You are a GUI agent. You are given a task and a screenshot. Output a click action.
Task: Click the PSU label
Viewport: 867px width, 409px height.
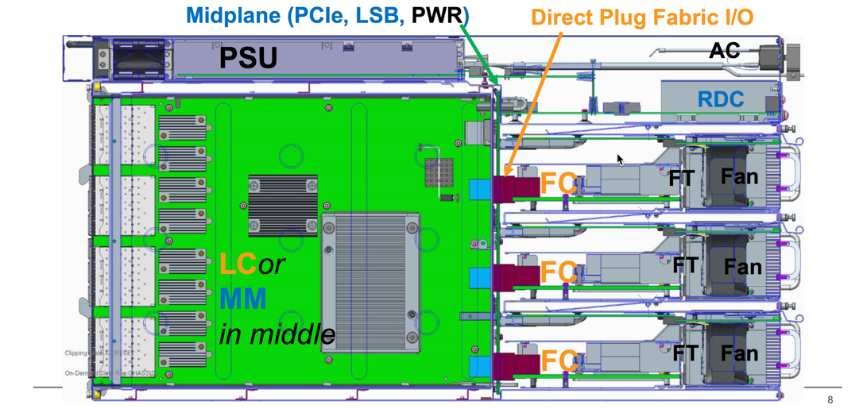248,57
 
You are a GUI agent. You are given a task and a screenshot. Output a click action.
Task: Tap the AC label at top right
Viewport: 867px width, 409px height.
724,51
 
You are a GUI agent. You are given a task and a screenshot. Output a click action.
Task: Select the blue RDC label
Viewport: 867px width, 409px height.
721,99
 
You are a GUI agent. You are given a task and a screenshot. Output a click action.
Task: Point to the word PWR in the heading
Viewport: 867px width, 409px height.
438,15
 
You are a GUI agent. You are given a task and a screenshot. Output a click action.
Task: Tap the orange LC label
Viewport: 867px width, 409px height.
238,264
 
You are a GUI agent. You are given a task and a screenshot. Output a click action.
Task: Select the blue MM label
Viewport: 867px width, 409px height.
242,299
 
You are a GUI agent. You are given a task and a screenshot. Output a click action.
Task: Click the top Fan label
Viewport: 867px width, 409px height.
739,176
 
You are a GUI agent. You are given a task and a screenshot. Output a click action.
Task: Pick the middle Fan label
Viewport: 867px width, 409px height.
742,267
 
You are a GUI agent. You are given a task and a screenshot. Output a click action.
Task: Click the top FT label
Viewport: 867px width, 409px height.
681,179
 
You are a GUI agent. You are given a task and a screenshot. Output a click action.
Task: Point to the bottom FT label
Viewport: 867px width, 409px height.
685,353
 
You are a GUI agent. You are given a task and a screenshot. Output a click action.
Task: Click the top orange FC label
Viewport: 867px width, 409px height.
559,183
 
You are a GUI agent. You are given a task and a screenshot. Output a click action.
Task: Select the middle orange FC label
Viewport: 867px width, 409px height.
559,272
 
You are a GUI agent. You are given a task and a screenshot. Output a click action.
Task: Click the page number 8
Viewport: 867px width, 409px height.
830,399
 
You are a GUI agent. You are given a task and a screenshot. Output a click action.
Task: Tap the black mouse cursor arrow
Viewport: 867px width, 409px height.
620,159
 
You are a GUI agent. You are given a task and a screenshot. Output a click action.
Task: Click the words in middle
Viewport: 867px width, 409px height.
277,334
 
